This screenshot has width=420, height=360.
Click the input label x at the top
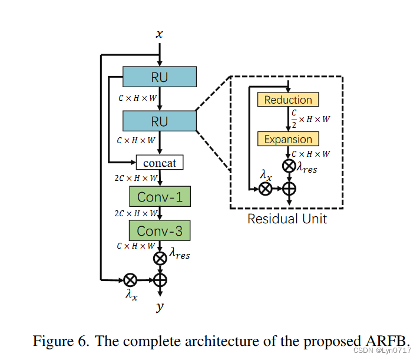click(159, 35)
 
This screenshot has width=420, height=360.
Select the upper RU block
click(159, 77)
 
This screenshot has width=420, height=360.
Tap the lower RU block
click(159, 121)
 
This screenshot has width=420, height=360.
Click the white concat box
click(160, 162)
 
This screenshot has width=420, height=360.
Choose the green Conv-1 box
click(160, 196)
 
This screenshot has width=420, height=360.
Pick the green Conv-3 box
click(160, 230)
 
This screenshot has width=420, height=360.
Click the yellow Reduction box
click(288, 100)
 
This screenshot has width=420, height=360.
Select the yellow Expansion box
click(288, 139)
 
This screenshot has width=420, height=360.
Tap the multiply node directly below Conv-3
click(160, 258)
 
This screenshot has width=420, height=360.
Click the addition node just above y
click(160, 280)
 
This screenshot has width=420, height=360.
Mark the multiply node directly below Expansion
click(289, 166)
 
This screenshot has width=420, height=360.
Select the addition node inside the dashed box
click(289, 189)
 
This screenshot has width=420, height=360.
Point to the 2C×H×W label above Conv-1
click(136, 177)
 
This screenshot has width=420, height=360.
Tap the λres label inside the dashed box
click(307, 169)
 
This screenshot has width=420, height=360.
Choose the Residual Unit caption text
click(287, 219)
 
